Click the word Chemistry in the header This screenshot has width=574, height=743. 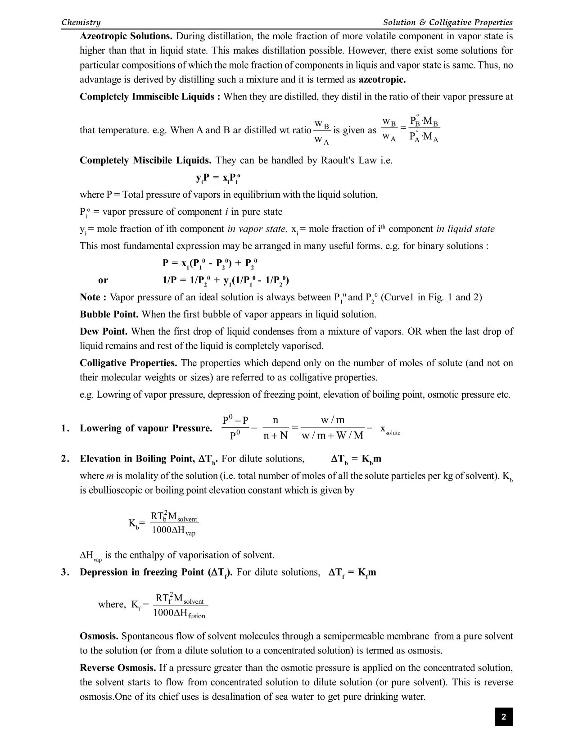click(81, 23)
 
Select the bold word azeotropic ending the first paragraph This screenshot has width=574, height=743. click(382, 80)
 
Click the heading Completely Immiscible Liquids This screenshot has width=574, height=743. click(150, 97)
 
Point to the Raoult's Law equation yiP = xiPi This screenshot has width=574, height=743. click(218, 178)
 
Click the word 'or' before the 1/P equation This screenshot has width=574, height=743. click(103, 280)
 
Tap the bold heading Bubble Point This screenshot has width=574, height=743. click(109, 314)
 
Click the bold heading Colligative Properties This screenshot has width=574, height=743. click(128, 363)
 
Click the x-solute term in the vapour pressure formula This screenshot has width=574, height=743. click(390, 430)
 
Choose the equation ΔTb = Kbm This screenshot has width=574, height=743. click(356, 459)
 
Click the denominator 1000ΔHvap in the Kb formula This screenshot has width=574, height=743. click(173, 531)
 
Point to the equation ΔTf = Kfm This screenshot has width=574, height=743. click(352, 572)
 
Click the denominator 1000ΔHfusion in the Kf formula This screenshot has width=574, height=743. click(179, 613)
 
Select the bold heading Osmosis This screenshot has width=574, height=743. click(99, 636)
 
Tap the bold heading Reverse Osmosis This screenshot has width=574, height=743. click(118, 668)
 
